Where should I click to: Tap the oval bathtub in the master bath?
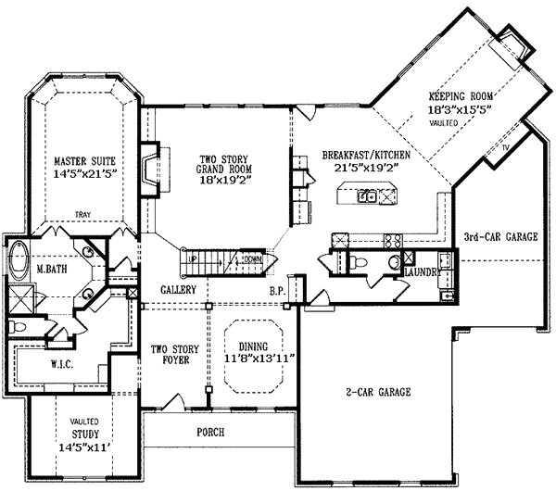coord(18,259)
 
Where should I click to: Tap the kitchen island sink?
coord(369,195)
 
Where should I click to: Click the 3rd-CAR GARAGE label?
coord(500,237)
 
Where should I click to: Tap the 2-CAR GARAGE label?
coord(375,391)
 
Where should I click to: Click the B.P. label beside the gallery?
coord(277,291)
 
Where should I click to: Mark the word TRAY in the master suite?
coord(82,212)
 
